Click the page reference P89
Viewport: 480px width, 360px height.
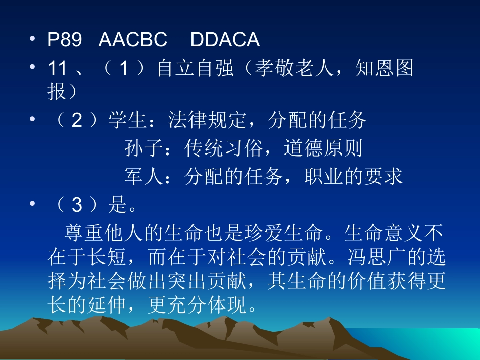tap(64, 40)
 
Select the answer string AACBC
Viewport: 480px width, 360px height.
tap(132, 40)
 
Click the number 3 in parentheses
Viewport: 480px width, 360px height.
tap(76, 205)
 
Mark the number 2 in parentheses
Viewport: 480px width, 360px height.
tap(76, 120)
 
